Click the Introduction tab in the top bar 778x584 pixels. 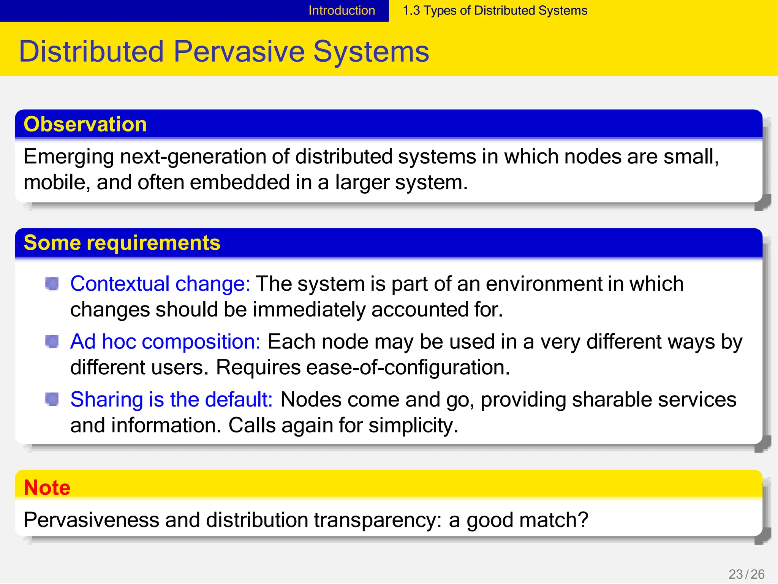[342, 11]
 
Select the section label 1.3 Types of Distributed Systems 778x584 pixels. [495, 11]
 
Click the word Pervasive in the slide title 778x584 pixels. [239, 52]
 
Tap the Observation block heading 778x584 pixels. [85, 124]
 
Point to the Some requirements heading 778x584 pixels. [122, 242]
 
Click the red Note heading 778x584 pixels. [47, 487]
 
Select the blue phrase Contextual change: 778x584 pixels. [160, 284]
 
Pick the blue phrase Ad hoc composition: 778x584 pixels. [165, 342]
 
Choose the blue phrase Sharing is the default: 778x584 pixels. [171, 399]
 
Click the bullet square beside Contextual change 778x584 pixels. [52, 284]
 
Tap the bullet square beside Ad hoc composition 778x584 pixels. [52, 341]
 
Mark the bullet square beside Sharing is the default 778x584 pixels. [52, 399]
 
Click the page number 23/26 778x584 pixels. [746, 574]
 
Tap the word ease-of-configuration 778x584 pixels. [408, 367]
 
